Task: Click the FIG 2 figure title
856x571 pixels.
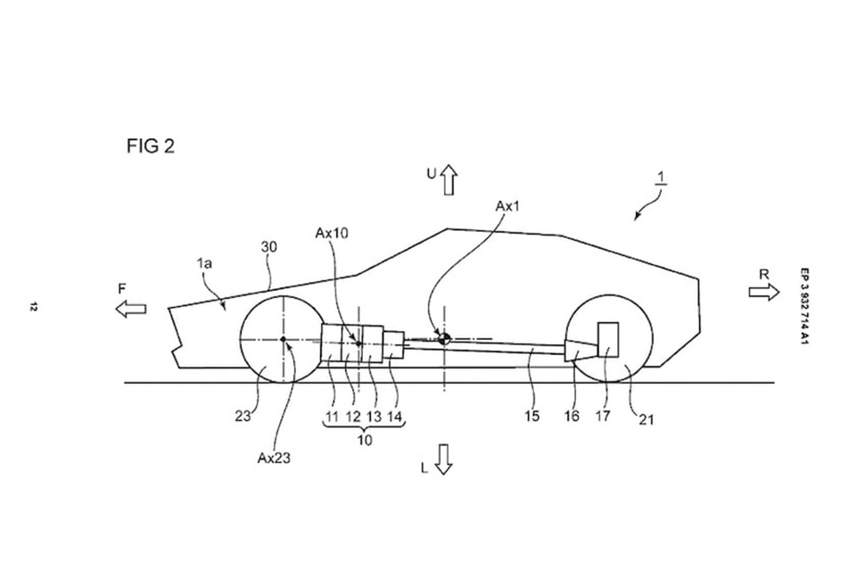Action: point(150,146)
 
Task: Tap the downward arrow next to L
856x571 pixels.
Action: point(444,459)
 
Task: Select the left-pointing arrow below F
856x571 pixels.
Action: point(130,308)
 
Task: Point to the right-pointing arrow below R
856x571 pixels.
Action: point(763,293)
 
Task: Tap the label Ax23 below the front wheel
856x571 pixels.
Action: point(275,458)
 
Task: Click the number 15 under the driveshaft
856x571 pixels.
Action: point(532,416)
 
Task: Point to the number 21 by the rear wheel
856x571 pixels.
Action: point(646,419)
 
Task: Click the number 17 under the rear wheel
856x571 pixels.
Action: point(604,416)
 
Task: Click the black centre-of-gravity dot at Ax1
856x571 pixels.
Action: point(443,337)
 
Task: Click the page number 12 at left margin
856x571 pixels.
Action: point(33,308)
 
